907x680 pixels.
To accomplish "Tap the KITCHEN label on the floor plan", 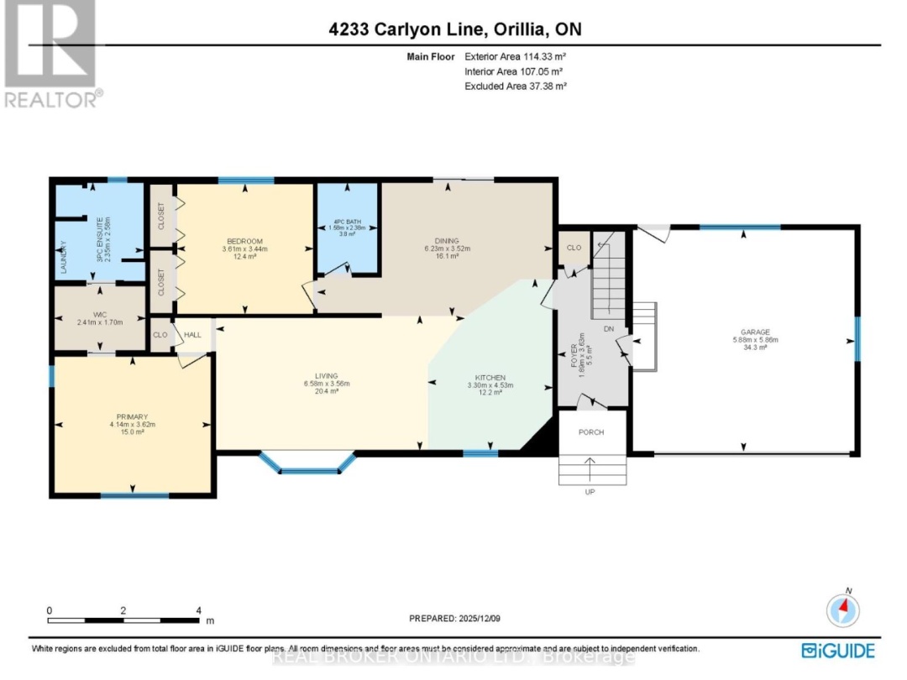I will (x=490, y=377).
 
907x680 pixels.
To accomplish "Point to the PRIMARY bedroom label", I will (x=133, y=416).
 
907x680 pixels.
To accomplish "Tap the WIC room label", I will (x=100, y=314).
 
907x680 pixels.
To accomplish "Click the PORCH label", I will (x=591, y=432).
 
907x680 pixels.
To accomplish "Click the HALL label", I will (x=192, y=335).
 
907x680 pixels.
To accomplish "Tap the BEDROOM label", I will (x=243, y=242).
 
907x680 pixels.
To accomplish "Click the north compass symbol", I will (x=843, y=607).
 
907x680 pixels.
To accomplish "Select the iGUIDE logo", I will (x=839, y=651).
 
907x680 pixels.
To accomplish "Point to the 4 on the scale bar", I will (x=198, y=610).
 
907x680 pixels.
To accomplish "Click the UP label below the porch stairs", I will (x=590, y=492).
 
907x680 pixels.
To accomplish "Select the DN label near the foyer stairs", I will (x=607, y=330).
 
